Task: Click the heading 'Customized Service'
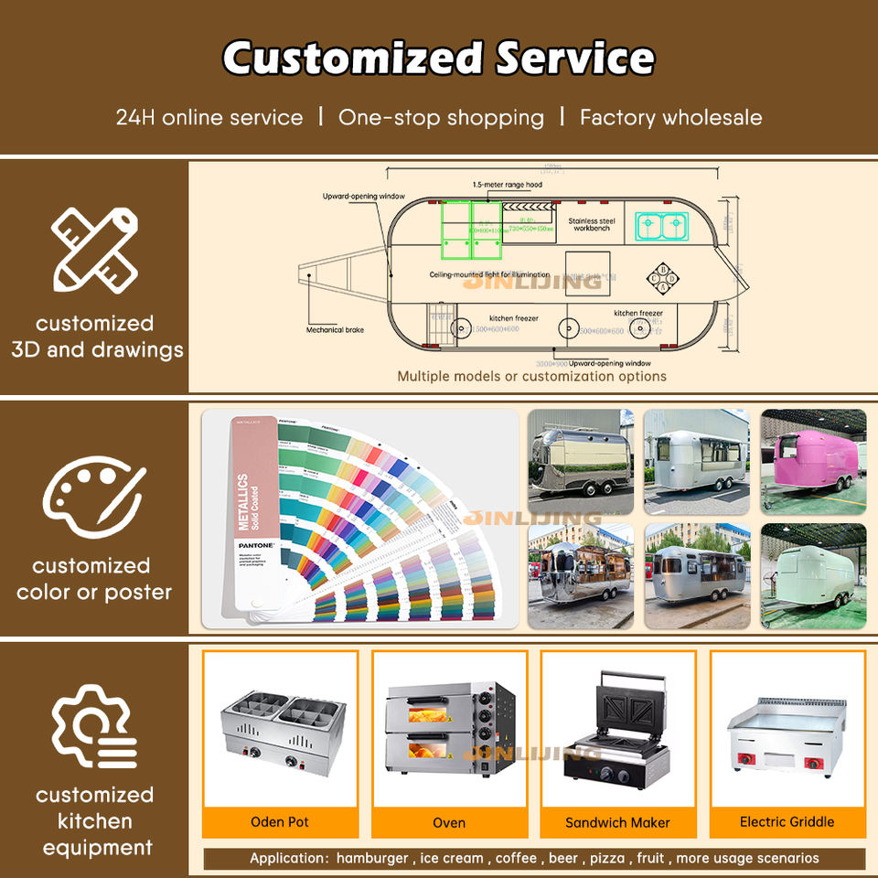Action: (439, 59)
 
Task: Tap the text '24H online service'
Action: (209, 117)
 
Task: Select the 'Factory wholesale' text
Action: (670, 117)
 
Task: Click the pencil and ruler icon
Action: (94, 248)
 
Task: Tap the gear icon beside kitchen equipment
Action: (93, 727)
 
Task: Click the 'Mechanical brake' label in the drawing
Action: (335, 329)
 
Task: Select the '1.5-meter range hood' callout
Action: (507, 185)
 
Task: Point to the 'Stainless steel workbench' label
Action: (592, 224)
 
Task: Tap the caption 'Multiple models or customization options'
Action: (531, 376)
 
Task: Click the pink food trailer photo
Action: (813, 461)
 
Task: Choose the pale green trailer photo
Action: (813, 575)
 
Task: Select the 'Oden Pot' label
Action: (280, 822)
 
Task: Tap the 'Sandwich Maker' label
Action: (617, 822)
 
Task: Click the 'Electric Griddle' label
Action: (787, 822)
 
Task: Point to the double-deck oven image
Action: (448, 727)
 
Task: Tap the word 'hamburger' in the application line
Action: (372, 859)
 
